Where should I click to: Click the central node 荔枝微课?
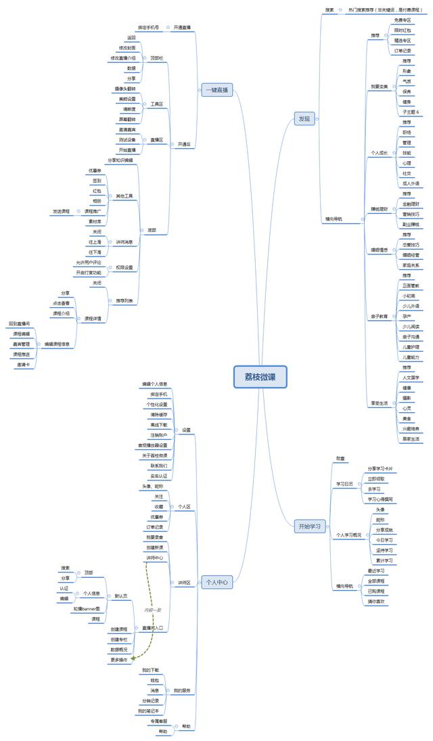pos(260,377)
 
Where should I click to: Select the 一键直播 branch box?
pos(216,89)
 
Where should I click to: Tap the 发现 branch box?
pos(305,119)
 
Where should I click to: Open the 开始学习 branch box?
pos(311,525)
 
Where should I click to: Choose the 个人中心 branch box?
pos(216,581)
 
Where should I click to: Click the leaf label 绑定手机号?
pos(149,28)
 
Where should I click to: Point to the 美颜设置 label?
pos(127,99)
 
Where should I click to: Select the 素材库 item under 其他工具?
pos(94,221)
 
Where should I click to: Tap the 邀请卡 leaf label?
pos(23,364)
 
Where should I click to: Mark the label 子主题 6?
pos(411,111)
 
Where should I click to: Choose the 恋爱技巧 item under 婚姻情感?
pos(411,245)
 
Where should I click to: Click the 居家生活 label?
pos(411,439)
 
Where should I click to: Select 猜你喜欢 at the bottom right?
pos(376,601)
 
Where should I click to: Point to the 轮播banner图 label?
pos(87,608)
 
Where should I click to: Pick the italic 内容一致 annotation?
pos(153,610)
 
